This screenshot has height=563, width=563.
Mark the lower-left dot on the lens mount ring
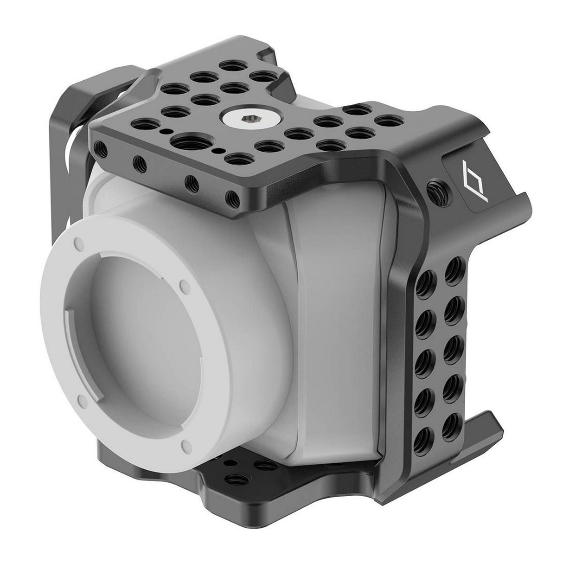82,399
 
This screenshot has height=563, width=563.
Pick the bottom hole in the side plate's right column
449,430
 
